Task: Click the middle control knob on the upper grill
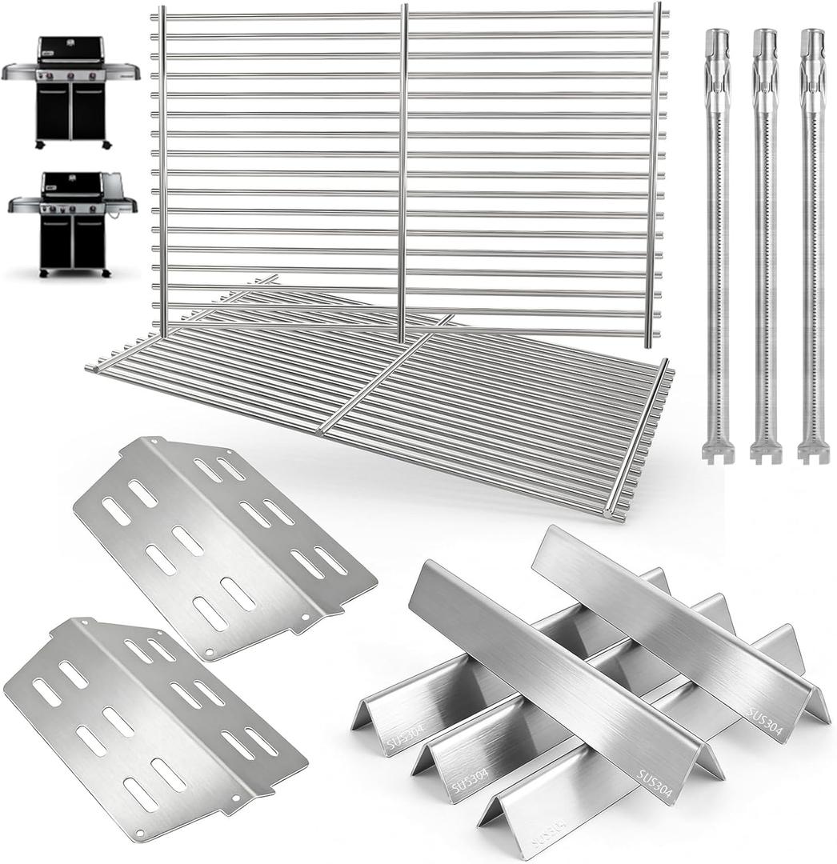72,75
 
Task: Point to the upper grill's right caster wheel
106,146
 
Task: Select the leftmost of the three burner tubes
717,240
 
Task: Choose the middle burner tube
765,240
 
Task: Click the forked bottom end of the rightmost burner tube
814,452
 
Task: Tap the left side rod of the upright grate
162,168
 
